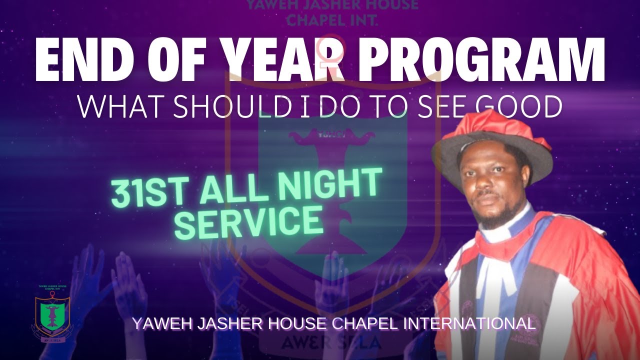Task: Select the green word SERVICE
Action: tap(250, 222)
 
